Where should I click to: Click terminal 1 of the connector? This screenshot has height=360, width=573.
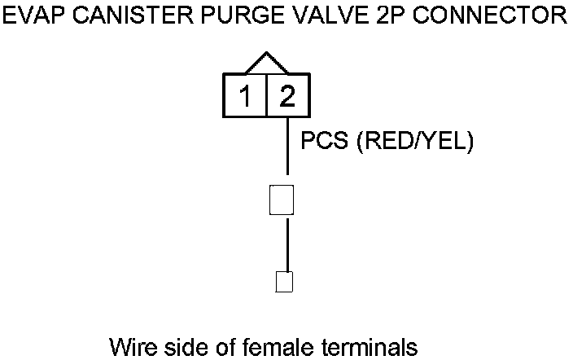tap(244, 97)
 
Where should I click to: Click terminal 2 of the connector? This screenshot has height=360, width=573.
tap(287, 97)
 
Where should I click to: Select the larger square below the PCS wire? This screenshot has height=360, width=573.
tap(281, 200)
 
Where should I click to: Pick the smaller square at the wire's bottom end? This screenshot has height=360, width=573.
tap(284, 281)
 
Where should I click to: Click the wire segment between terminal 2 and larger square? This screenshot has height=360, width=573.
tap(287, 147)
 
